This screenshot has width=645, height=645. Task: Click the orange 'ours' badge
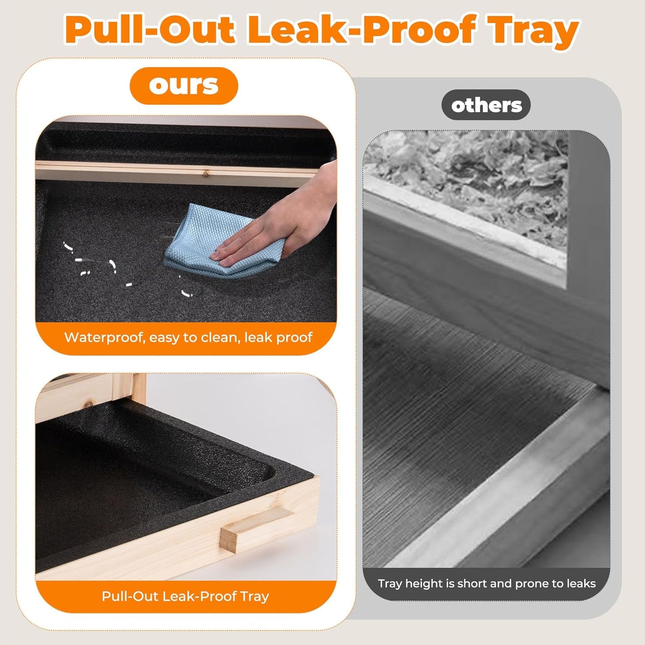[x=184, y=86]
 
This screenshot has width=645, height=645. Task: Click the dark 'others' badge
[x=486, y=105]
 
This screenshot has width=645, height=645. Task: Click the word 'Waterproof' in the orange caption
[x=105, y=338]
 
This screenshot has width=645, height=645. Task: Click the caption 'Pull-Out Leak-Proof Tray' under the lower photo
[x=185, y=596]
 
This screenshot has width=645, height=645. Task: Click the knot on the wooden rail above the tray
[x=205, y=173]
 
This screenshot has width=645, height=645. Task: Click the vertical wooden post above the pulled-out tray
[x=138, y=389]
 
